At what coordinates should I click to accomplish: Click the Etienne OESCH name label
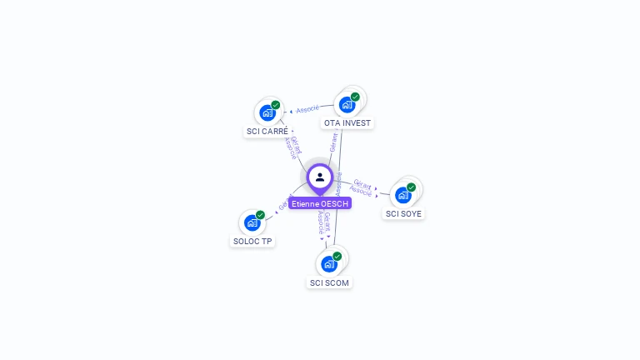321,203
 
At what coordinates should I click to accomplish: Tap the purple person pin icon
320,177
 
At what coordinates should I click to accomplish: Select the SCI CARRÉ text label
267,132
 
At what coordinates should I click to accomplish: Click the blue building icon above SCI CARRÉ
267,112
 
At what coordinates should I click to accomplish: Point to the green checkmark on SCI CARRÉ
276,105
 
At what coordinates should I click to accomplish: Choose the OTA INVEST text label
347,123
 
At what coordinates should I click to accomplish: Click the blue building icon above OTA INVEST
347,105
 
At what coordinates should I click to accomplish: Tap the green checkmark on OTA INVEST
355,97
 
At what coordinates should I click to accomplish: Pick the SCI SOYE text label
403,213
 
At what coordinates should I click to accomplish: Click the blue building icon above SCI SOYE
403,195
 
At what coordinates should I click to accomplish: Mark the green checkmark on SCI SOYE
411,187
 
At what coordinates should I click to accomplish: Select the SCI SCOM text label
329,282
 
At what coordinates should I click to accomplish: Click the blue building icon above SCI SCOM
329,264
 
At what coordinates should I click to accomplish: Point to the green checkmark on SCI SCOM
337,256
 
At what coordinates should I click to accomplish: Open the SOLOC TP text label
252,242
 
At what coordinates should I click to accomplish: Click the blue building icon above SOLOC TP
252,222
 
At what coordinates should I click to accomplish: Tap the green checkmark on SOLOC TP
260,215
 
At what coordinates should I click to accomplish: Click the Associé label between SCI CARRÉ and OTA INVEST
307,109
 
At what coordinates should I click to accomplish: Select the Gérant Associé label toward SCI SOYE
362,187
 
